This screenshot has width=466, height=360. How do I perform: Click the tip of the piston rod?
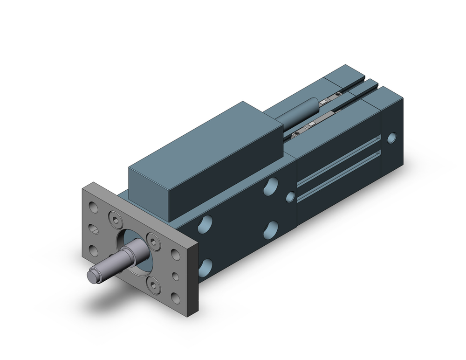pos(91,276)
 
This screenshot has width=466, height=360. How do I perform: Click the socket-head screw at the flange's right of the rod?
pos(152,239)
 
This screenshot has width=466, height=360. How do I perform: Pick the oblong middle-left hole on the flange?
pos(94,229)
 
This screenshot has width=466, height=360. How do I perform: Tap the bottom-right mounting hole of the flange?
pos(176,298)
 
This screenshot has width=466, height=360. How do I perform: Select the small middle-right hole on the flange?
pos(176,277)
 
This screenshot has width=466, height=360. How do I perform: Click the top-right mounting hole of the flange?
pos(176,254)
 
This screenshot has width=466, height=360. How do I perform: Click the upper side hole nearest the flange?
pos(205,223)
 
